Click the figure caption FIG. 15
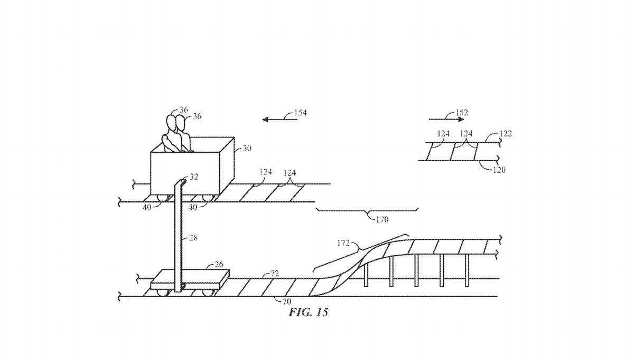[309, 312]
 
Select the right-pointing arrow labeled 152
[443, 120]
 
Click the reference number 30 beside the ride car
[247, 149]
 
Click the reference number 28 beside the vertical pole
[193, 238]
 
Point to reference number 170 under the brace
[381, 219]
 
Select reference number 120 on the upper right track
[499, 170]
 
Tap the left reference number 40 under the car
[147, 208]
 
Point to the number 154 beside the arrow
[301, 113]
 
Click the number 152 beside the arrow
[462, 113]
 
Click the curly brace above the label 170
[367, 211]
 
